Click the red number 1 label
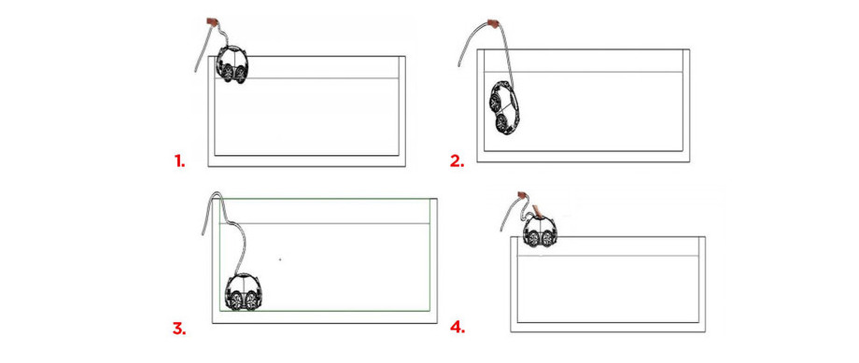point(179,161)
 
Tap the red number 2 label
point(457,161)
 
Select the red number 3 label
point(179,328)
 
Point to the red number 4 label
point(458,328)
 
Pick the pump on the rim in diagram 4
point(541,231)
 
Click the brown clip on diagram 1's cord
point(212,21)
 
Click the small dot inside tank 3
point(279,257)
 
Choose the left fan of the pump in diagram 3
point(234,301)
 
